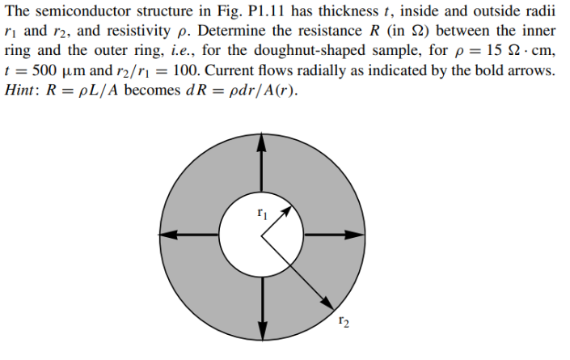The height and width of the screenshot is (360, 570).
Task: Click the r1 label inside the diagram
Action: (260, 214)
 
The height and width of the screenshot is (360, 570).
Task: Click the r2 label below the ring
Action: (344, 324)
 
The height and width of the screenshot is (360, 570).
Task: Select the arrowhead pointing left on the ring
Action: (164, 235)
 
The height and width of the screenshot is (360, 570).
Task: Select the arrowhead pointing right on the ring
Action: (357, 235)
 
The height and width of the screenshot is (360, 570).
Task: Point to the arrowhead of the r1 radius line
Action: (286, 210)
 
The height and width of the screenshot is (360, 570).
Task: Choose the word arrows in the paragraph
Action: (530, 71)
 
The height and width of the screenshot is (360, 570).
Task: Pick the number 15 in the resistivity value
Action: (496, 51)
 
